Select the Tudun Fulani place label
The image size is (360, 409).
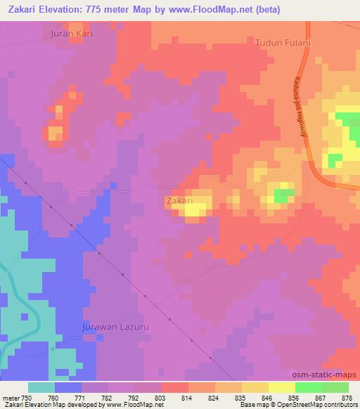click(283, 42)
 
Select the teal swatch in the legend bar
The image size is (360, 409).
click(41, 387)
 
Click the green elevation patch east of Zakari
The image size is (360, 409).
click(283, 195)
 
